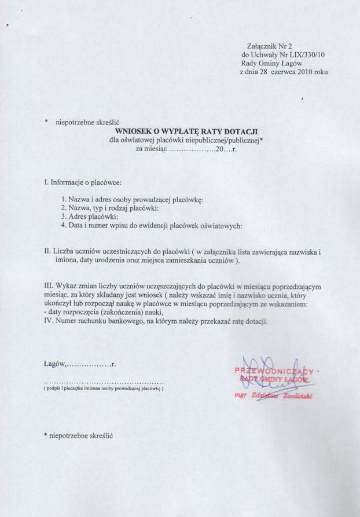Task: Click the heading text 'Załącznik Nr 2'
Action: pyautogui.click(x=269, y=46)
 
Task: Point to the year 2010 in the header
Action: pyautogui.click(x=304, y=72)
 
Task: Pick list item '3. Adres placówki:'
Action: pyautogui.click(x=89, y=217)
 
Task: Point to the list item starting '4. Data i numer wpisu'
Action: pyautogui.click(x=151, y=226)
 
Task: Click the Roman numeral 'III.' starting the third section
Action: pyautogui.click(x=49, y=287)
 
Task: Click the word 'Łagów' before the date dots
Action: pyautogui.click(x=55, y=365)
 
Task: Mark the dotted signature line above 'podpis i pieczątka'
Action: pyautogui.click(x=104, y=383)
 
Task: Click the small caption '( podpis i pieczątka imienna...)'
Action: pyautogui.click(x=104, y=388)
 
